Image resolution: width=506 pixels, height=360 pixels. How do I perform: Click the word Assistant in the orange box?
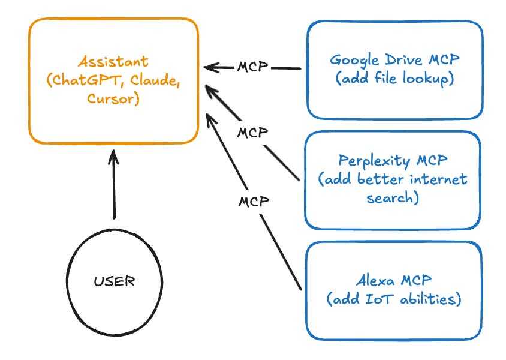113,61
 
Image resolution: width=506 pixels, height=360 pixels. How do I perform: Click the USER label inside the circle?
115,281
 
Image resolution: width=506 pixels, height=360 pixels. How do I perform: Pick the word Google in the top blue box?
355,61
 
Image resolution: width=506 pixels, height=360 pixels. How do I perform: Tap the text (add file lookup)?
394,79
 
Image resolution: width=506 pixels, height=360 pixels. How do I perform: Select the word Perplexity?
374,161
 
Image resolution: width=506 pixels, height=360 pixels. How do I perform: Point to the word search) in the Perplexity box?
393,197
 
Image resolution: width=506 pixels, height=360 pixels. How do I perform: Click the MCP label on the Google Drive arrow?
252,67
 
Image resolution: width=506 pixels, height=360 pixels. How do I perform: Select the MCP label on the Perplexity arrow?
252,133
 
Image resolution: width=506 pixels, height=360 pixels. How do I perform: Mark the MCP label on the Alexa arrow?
254,202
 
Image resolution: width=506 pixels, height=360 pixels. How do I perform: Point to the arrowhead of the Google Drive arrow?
210,67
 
